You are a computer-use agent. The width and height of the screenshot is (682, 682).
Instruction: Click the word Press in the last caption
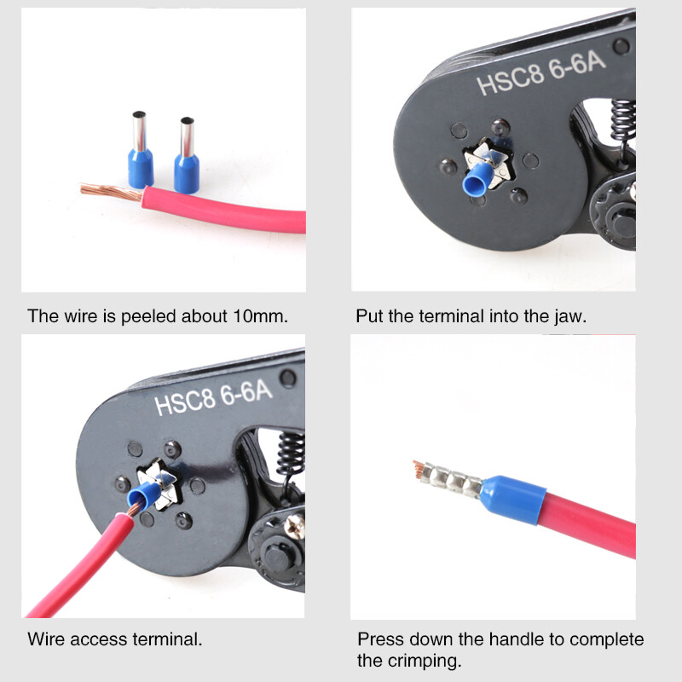tap(378, 639)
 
